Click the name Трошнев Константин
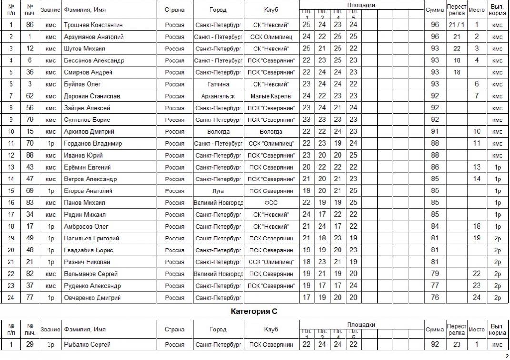tap(93, 25)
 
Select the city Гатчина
tap(218, 84)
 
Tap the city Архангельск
tap(218, 96)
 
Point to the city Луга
tap(218, 191)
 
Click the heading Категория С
tap(254, 311)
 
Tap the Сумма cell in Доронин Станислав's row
tap(434, 96)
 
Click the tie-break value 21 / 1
tap(457, 25)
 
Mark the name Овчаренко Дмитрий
tap(92, 298)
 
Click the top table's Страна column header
tap(175, 10)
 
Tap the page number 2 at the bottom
tap(506, 356)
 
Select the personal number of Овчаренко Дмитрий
tap(30, 298)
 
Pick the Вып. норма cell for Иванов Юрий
tap(497, 155)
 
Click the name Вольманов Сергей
tap(90, 274)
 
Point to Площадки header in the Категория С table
tap(361, 325)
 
